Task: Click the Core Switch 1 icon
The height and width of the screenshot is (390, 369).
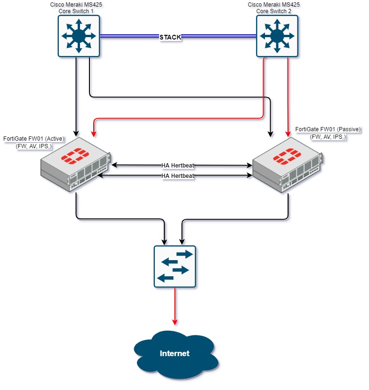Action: click(79, 36)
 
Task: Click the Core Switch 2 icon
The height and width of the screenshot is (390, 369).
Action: click(276, 36)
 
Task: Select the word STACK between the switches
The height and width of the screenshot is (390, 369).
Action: click(170, 37)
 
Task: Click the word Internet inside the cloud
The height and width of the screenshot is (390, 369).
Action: click(175, 353)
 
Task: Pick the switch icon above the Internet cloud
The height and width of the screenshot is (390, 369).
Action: click(175, 266)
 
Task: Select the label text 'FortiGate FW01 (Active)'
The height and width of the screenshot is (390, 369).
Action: click(34, 139)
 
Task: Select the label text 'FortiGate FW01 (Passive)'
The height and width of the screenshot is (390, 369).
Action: click(328, 129)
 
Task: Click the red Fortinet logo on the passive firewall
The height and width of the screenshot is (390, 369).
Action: click(289, 155)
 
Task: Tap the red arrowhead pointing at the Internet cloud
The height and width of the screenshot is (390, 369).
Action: click(175, 322)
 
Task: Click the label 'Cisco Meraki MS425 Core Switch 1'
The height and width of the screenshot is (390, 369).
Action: click(76, 7)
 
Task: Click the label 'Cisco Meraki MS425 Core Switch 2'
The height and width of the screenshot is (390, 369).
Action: click(274, 7)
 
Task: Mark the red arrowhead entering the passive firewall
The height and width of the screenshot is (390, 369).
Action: click(288, 134)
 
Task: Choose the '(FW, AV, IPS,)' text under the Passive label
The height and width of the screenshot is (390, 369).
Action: click(328, 136)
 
